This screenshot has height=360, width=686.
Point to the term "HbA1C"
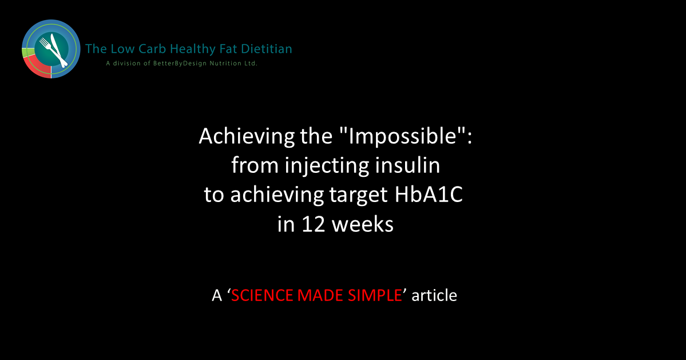click(429, 195)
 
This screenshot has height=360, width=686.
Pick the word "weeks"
click(363, 224)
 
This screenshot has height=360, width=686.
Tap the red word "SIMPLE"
click(375, 295)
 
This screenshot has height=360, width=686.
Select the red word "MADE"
click(320, 295)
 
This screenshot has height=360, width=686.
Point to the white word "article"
click(434, 295)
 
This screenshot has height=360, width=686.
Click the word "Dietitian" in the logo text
click(265, 49)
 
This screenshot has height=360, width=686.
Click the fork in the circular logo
click(47, 47)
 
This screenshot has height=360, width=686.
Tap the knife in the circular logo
click(59, 50)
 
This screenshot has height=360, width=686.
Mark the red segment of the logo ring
click(36, 68)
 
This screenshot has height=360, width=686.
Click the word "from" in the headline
click(254, 165)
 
